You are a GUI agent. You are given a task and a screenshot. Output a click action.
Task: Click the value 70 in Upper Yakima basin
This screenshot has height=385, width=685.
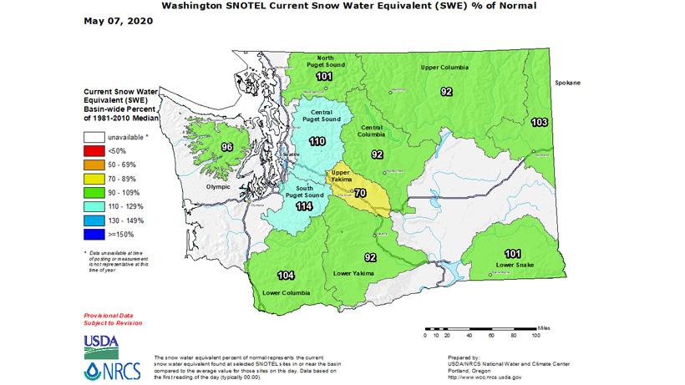point(361,194)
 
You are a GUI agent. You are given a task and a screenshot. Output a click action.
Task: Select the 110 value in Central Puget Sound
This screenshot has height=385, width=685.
point(317,142)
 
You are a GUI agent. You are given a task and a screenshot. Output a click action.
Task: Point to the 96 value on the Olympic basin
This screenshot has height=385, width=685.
point(226,148)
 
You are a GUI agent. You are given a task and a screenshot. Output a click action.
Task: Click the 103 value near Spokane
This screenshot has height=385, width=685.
point(539,123)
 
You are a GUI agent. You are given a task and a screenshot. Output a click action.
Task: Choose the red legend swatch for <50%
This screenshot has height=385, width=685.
point(94,152)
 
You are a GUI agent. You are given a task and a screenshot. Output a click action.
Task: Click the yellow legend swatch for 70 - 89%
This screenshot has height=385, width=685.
point(94,179)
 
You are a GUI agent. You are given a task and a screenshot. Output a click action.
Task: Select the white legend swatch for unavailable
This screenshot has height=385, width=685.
point(94,138)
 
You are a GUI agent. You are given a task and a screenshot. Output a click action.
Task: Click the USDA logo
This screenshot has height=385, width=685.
point(101,342)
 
